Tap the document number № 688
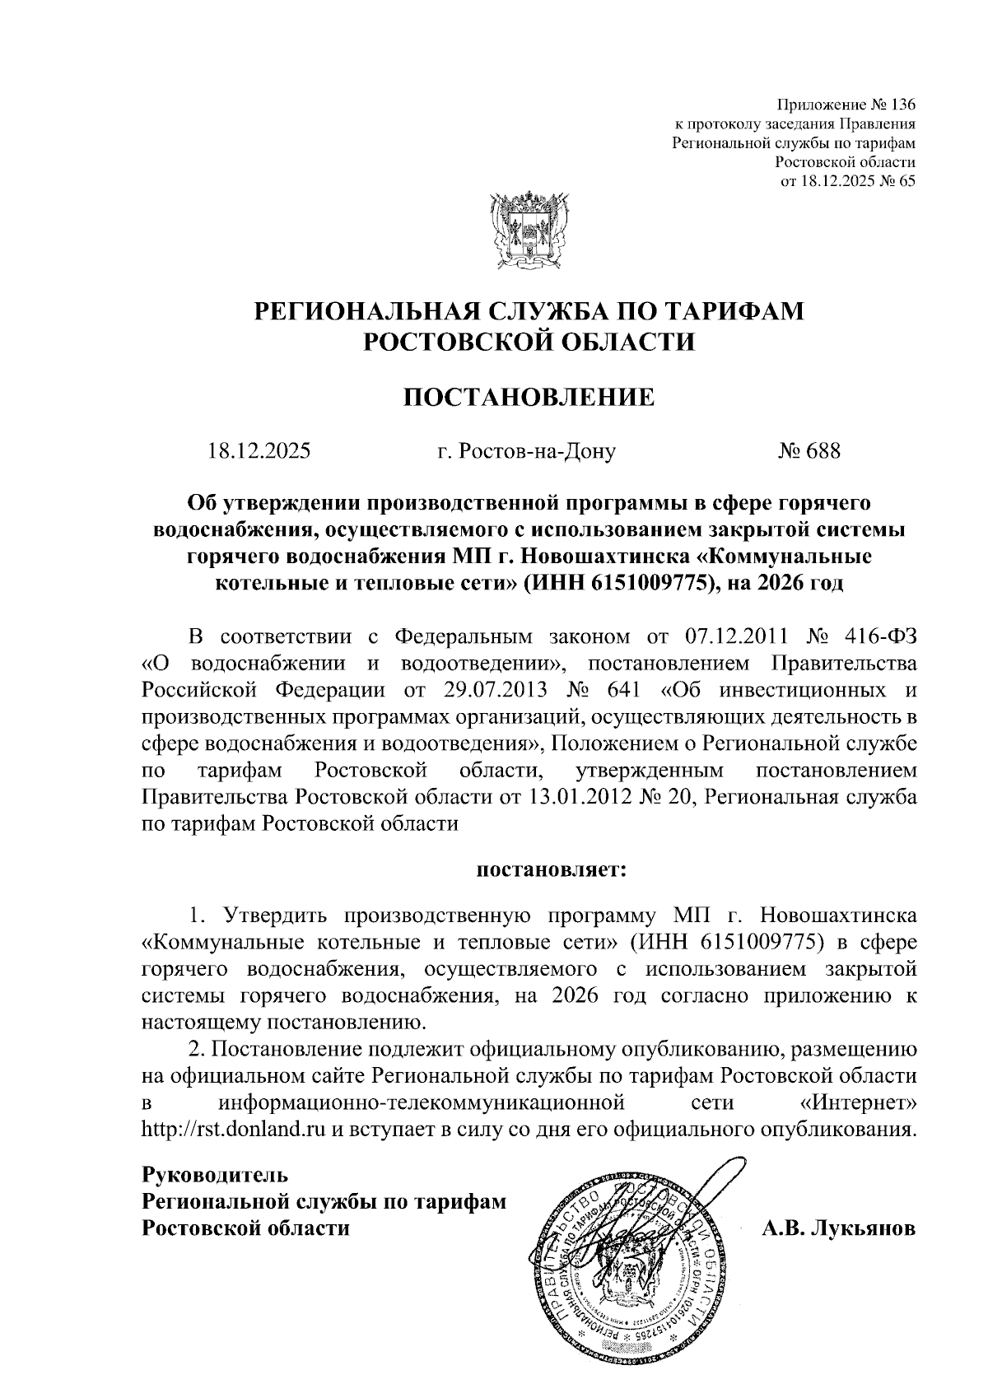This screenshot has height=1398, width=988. click(809, 451)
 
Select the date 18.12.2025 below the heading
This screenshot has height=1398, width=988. click(259, 451)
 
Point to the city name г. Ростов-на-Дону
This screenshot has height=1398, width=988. click(526, 451)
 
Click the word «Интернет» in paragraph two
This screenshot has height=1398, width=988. click(857, 1102)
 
